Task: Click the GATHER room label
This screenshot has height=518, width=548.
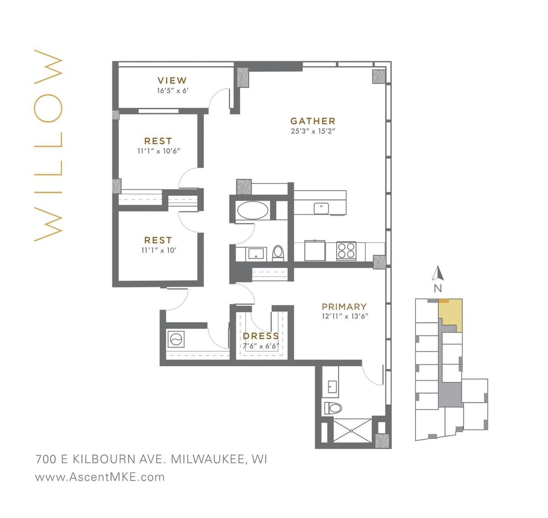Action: click(x=313, y=121)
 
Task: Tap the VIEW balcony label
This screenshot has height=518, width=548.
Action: click(x=172, y=80)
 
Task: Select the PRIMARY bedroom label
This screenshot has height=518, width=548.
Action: click(x=344, y=307)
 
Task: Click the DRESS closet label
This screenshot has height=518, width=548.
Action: click(x=261, y=336)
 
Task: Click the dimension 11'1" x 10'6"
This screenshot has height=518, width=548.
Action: click(x=158, y=151)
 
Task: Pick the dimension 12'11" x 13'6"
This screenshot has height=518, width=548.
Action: click(x=345, y=316)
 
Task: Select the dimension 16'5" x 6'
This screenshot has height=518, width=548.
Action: click(x=172, y=91)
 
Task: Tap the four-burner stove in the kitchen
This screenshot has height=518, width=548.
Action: click(x=346, y=251)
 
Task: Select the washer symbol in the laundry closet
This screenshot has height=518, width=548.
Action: click(x=176, y=339)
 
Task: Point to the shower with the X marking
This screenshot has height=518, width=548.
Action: click(x=352, y=430)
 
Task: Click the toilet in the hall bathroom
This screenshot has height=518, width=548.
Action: click(x=278, y=253)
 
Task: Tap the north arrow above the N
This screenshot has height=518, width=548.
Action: click(x=438, y=273)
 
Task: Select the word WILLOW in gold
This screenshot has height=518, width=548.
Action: click(x=48, y=145)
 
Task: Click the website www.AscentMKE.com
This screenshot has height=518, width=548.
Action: click(x=100, y=477)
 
